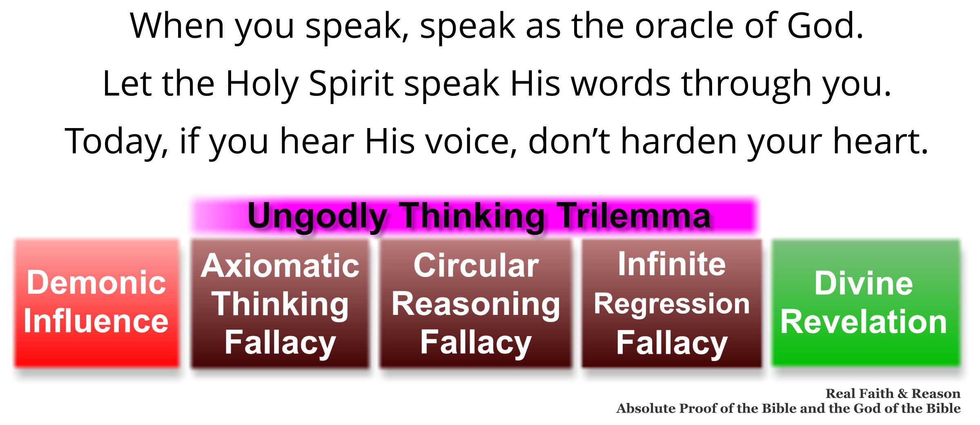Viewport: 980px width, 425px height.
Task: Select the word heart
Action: [x=880, y=141]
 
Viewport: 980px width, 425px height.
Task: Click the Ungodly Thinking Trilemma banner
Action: [x=475, y=216]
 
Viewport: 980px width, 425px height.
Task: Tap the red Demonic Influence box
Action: [x=97, y=303]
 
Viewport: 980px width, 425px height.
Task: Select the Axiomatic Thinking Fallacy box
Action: [x=280, y=303]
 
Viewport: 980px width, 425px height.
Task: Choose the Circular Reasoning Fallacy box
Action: [x=476, y=303]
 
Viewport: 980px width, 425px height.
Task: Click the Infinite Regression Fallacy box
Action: [x=672, y=303]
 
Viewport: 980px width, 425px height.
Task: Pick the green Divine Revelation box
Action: [x=866, y=303]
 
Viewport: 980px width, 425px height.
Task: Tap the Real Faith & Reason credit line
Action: [x=893, y=394]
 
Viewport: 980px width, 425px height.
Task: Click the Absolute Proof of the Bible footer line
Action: [x=788, y=408]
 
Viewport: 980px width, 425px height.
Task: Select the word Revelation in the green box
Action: [x=863, y=322]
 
